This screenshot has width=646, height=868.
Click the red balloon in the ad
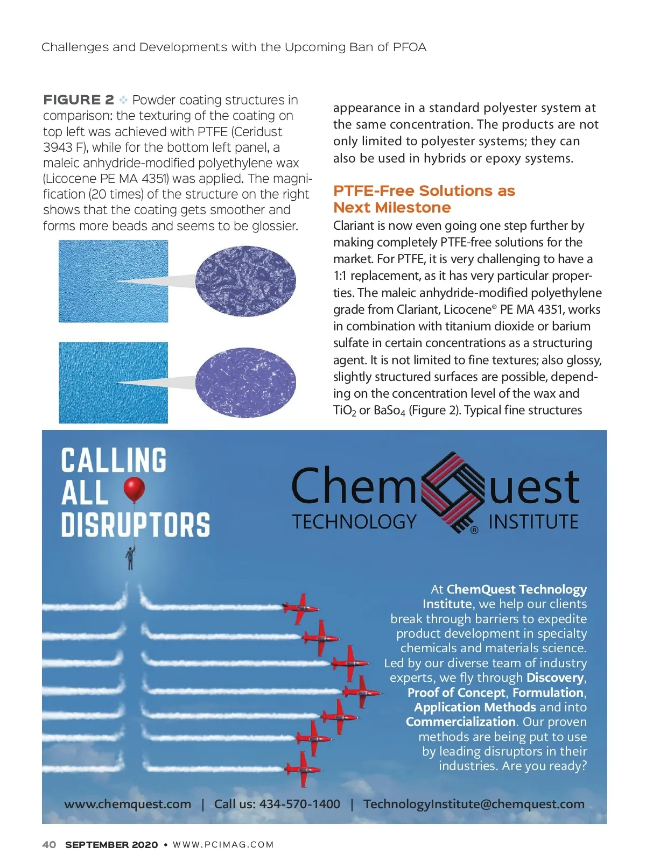click(134, 489)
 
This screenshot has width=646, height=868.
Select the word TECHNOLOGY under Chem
click(355, 521)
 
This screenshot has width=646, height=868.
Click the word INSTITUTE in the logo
click(533, 522)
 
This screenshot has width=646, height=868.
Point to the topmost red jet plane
click(300, 608)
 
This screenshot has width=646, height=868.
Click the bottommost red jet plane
click(303, 768)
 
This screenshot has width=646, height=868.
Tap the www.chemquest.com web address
click(128, 804)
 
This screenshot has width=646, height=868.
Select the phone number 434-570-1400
click(300, 804)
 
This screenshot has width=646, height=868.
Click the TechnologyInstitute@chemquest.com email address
click(474, 804)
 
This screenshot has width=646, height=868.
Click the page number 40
click(49, 845)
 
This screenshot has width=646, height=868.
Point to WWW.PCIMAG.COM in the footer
click(223, 845)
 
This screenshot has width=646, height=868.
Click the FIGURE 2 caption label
click(79, 100)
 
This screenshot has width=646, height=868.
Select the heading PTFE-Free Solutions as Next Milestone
click(424, 199)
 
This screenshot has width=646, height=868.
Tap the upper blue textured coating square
click(113, 281)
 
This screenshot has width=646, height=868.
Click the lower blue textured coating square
click(113, 383)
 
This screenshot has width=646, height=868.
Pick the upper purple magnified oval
click(245, 280)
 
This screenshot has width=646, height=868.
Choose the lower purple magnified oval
click(245, 383)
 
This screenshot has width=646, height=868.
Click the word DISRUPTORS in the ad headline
click(135, 525)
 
